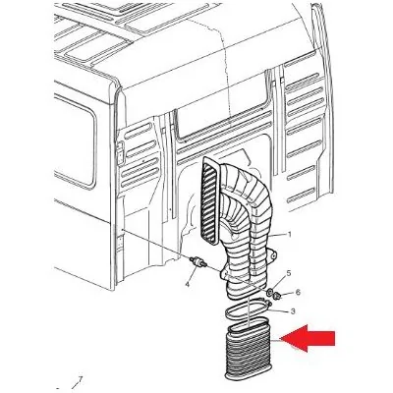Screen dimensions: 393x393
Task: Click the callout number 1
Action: click(x=289, y=235)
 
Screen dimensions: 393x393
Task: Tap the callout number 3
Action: click(x=293, y=311)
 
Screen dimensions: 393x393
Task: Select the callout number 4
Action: click(x=187, y=284)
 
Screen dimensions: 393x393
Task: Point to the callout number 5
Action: click(x=289, y=273)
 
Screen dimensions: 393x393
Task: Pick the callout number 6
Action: click(x=298, y=292)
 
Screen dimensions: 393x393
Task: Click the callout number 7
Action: click(x=80, y=381)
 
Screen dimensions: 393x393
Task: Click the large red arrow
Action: click(x=309, y=338)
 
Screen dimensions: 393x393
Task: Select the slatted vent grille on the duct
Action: click(x=209, y=200)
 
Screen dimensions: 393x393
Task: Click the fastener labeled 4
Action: click(x=198, y=262)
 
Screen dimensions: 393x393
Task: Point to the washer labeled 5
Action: click(x=271, y=291)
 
